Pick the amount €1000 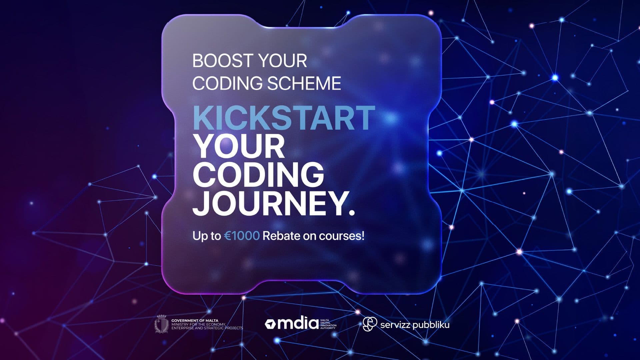pyautogui.click(x=242, y=236)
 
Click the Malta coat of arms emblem pyautogui.click(x=162, y=324)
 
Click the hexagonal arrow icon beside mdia pyautogui.click(x=270, y=324)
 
